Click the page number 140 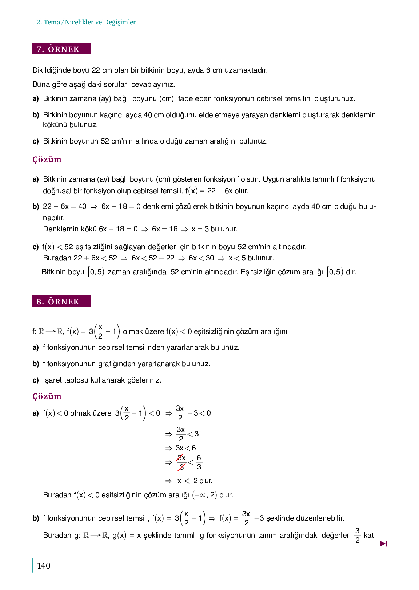(x=44, y=566)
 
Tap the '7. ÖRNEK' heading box (x=61, y=49)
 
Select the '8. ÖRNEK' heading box (x=61, y=301)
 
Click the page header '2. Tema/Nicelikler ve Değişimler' (x=86, y=22)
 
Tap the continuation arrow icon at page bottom (x=383, y=543)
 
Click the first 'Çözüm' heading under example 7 (x=47, y=159)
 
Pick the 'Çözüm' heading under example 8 (x=47, y=396)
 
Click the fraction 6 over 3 (x=199, y=462)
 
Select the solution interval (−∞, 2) (x=204, y=495)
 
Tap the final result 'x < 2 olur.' (x=195, y=481)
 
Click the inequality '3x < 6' (x=185, y=448)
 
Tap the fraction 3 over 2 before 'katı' (x=357, y=536)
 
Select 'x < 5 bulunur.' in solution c (x=251, y=258)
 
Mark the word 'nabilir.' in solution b (x=54, y=218)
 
